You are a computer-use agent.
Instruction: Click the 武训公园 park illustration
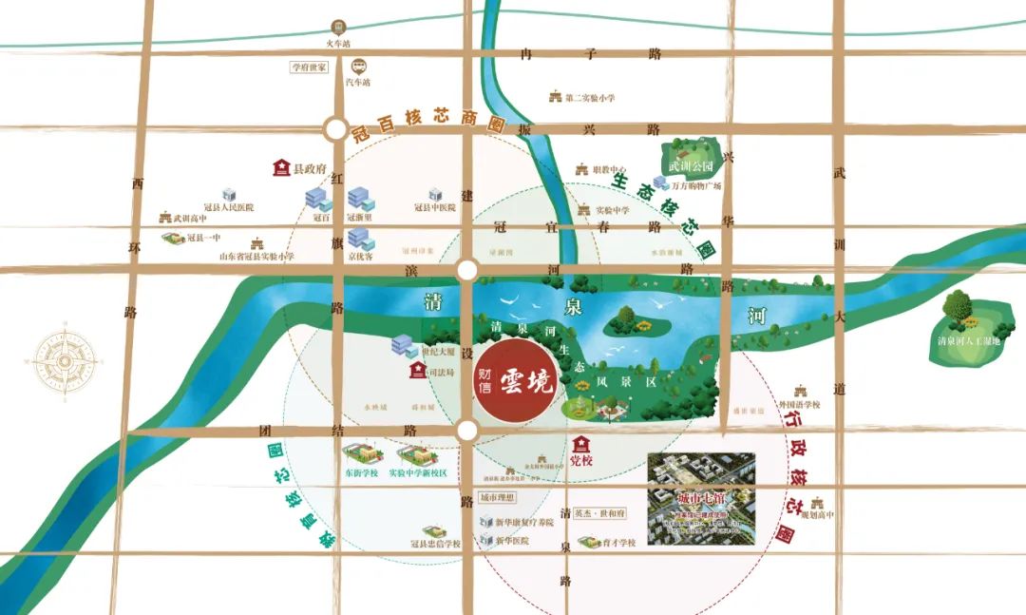[x=691, y=155]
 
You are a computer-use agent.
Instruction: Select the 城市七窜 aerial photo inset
[x=701, y=499]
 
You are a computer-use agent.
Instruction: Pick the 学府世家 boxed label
[x=309, y=67]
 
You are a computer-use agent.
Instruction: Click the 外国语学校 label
[x=800, y=404]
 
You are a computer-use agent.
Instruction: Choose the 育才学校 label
[x=617, y=543]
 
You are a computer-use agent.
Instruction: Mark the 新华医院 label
[x=510, y=541]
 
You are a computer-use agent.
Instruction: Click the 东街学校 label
[x=361, y=472]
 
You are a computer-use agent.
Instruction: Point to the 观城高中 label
[x=817, y=515]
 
